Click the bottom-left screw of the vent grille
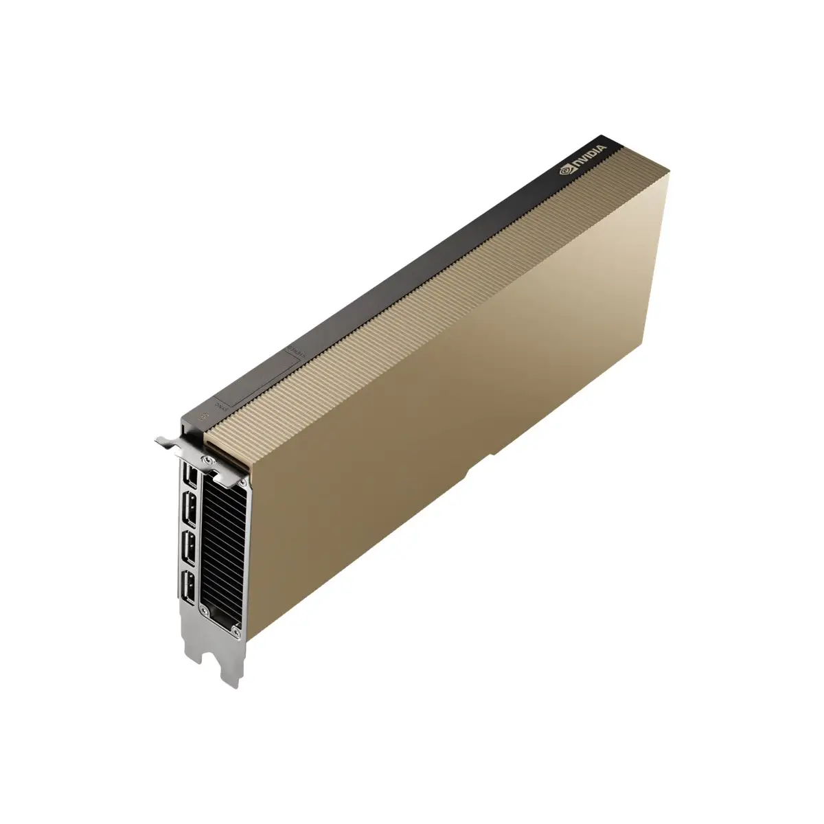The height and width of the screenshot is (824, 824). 202,608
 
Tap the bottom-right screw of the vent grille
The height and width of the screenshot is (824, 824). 238,627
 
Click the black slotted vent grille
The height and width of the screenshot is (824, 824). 221,542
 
